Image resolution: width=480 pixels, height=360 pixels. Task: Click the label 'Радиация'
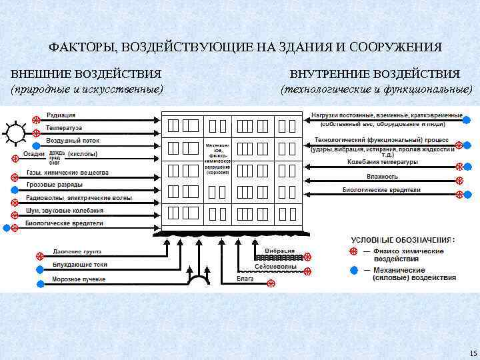point(61,115)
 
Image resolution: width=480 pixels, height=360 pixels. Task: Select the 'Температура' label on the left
point(65,128)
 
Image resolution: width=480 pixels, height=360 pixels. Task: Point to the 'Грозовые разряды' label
point(55,185)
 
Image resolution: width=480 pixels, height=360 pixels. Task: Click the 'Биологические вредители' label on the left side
point(64,223)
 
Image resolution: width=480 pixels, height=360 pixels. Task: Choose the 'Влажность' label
point(382,177)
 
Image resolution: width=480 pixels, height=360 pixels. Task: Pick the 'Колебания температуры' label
point(383,162)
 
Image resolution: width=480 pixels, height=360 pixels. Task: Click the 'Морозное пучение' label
point(79,279)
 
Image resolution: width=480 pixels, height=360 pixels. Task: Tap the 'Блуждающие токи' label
point(80,265)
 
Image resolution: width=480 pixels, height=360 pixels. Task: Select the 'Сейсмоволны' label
point(280,266)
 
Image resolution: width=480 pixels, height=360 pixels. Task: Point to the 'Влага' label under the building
point(245,278)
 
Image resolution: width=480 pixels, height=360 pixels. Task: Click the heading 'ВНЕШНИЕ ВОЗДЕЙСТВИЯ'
point(86,73)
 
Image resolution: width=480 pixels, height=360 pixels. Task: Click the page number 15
point(473,353)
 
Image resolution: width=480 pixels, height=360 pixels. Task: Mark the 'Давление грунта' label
point(77,253)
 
